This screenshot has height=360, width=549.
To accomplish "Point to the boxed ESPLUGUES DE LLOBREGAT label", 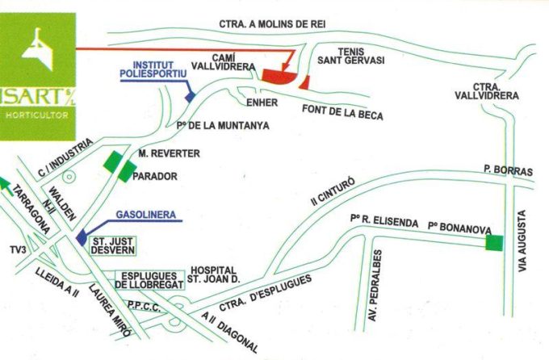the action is tap(150, 280).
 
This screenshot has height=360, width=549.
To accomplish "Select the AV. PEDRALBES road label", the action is tap(374, 291).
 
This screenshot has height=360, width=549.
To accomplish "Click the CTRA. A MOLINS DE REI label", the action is tap(271, 24).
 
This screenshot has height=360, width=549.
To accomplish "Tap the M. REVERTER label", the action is tap(168, 153).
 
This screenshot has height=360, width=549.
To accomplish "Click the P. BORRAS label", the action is tap(509, 170).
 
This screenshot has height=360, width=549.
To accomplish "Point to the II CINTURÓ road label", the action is tap(332, 194).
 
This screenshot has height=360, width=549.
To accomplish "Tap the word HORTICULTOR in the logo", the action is tap(36, 115).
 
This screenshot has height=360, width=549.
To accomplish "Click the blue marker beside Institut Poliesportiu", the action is tap(191, 96).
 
